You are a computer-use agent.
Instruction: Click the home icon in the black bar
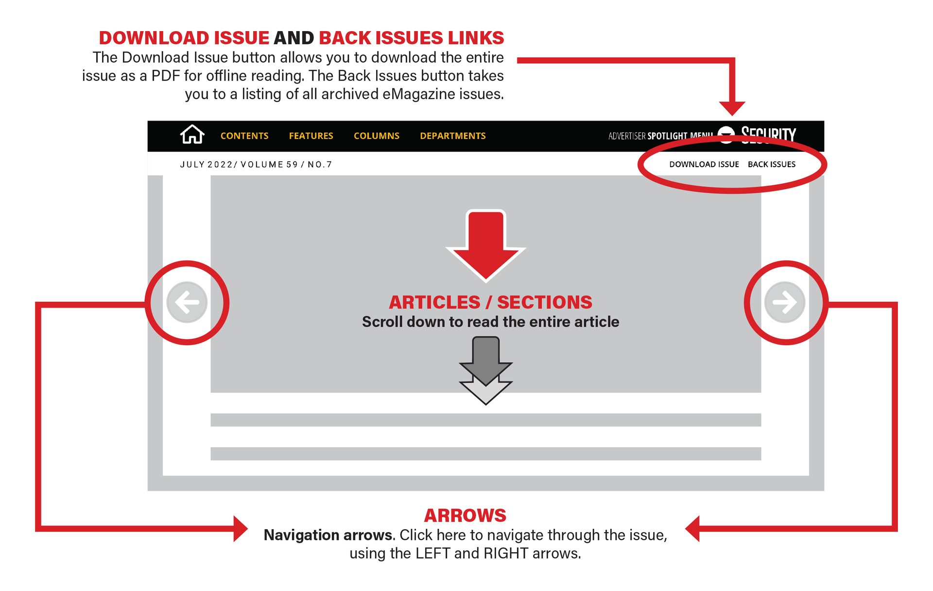click(x=192, y=135)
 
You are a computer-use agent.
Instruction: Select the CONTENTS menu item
click(x=244, y=136)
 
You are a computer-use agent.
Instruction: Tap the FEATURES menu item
click(x=311, y=136)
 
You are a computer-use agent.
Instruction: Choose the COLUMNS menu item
click(x=376, y=136)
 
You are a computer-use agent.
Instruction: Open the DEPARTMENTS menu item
click(x=452, y=136)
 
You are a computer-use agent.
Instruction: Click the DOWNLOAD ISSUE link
click(x=704, y=164)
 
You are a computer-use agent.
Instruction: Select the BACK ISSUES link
click(x=771, y=164)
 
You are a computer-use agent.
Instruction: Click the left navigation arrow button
click(x=187, y=302)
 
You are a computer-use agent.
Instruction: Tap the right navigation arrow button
click(x=784, y=302)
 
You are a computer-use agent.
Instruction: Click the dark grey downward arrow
click(x=486, y=360)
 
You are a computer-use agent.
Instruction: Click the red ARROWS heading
click(x=465, y=515)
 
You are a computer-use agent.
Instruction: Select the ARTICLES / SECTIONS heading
click(x=490, y=302)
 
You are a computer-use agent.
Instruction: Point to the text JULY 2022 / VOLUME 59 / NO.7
click(x=256, y=165)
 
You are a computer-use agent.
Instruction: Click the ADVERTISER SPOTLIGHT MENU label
click(x=660, y=136)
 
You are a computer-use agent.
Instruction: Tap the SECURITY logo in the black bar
click(x=768, y=134)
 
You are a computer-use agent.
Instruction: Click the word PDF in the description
click(x=166, y=76)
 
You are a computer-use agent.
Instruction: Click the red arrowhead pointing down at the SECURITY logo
click(x=732, y=107)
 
